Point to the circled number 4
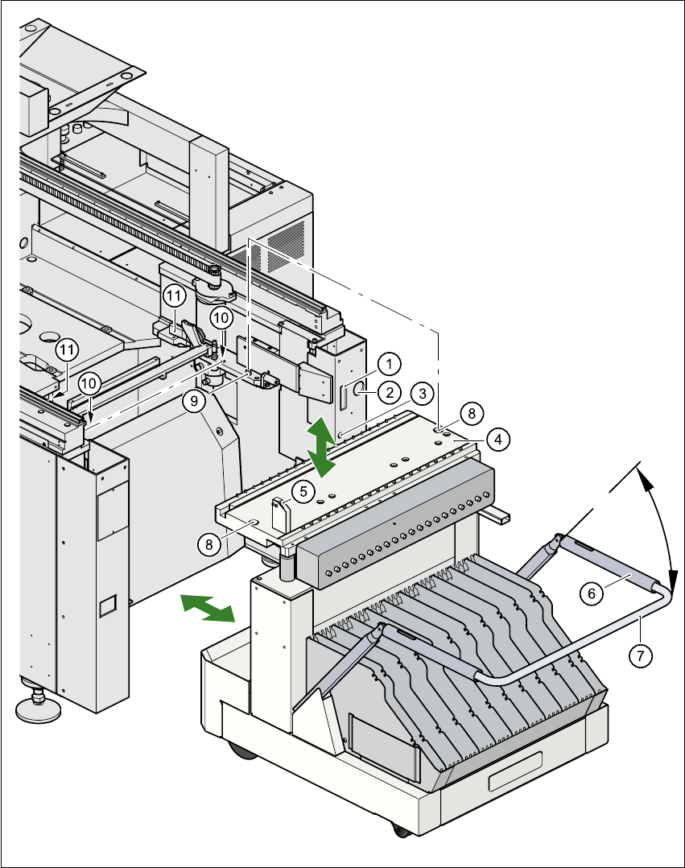point(498,440)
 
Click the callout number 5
point(301,489)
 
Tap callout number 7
point(641,655)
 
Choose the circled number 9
point(194,402)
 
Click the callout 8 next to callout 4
point(472,412)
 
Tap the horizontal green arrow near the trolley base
point(207,607)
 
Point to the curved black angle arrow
point(660,523)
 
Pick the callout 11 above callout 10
point(175,296)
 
